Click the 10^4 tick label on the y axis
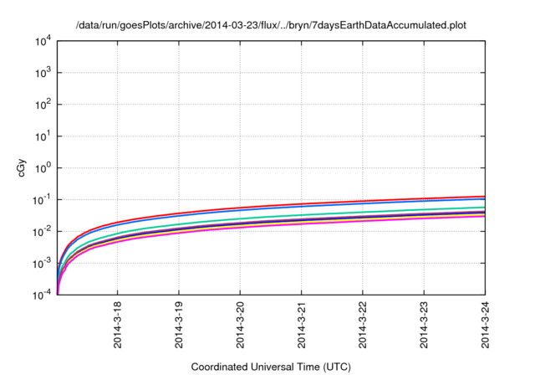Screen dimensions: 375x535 43,40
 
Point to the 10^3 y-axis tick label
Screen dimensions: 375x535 43,72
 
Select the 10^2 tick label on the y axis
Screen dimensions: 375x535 43,104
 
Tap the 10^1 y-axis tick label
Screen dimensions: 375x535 43,136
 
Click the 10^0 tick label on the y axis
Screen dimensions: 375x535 43,167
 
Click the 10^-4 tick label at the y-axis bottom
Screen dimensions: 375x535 42,295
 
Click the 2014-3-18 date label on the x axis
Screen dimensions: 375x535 117,326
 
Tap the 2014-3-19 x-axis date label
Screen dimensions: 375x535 179,326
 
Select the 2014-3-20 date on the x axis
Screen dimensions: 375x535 240,326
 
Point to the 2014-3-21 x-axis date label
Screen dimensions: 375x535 302,326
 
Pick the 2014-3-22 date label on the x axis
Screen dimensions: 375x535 363,326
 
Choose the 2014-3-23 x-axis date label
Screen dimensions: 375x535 425,326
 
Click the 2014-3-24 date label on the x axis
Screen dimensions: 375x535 486,326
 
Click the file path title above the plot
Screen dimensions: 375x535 271,25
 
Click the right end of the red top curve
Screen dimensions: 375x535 485,197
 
